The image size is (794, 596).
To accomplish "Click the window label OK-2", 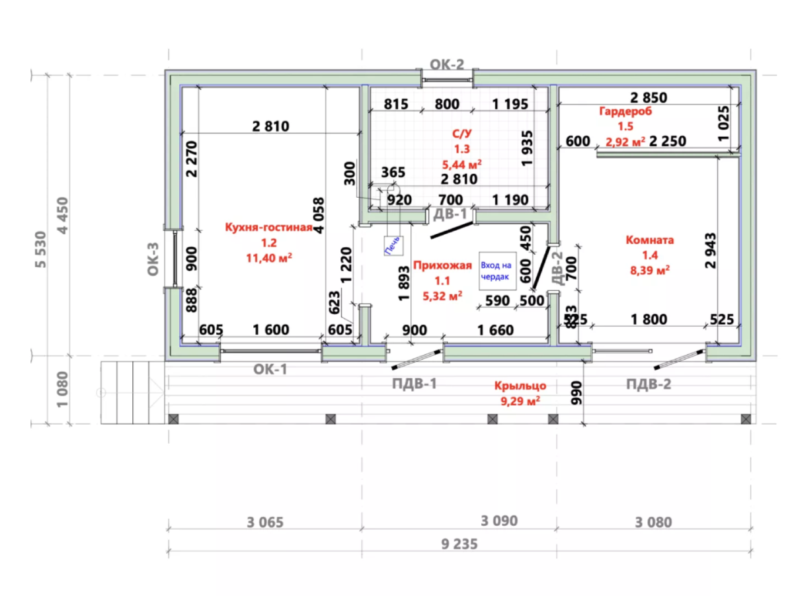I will point(447,64).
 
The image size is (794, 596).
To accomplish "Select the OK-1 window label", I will point(270,369).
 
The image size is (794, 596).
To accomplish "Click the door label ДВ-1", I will point(450,214).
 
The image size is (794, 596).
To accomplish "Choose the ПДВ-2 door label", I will point(648,384).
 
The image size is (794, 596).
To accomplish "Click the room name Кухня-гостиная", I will point(268,228).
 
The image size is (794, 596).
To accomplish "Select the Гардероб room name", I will point(625,112).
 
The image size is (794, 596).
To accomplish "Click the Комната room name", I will point(649,240).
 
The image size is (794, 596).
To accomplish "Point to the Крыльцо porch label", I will point(521,386).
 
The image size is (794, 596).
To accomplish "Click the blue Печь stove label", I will point(393,245).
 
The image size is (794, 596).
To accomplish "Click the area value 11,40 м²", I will point(269,257).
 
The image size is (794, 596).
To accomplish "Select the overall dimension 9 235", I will point(459,544).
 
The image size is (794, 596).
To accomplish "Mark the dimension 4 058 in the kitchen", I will point(319,216).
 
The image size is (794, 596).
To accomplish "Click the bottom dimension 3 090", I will point(498,521).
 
